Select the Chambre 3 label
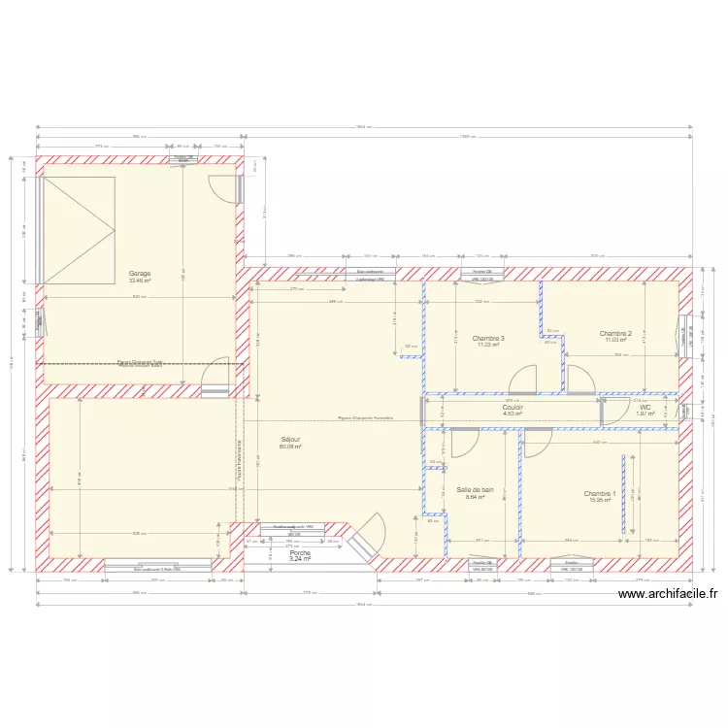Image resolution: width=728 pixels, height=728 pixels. [x=488, y=339]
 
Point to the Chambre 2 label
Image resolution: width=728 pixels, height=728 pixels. [x=615, y=333]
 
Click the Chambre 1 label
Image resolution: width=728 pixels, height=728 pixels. [x=600, y=494]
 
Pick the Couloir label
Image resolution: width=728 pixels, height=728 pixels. [x=513, y=408]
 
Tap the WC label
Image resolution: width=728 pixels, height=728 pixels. [x=645, y=408]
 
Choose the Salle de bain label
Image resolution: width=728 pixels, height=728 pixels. [x=476, y=490]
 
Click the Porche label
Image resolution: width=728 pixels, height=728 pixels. [x=300, y=552]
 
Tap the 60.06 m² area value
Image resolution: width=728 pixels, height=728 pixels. [x=291, y=447]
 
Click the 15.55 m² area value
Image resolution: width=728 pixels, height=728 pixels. [x=600, y=501]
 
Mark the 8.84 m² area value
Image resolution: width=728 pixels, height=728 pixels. [x=476, y=497]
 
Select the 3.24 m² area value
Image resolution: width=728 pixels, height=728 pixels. [x=300, y=559]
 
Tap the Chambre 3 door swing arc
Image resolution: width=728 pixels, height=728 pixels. [x=523, y=379]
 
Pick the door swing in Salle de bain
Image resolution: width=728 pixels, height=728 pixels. [x=465, y=443]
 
